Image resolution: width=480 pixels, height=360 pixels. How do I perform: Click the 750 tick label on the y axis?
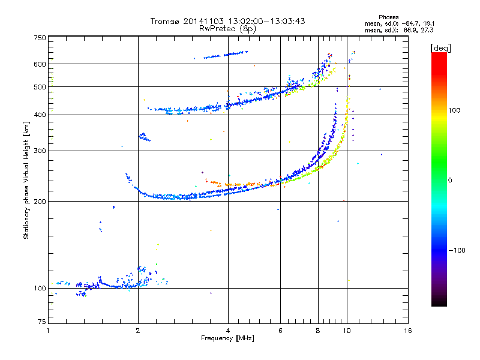click(40, 38)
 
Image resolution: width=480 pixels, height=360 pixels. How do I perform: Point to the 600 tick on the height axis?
click(40, 64)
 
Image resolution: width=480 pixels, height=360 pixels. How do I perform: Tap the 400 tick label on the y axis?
click(40, 115)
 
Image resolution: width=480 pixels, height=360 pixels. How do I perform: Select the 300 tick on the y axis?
click(40, 151)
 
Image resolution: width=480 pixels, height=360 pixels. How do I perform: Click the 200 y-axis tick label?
click(40, 201)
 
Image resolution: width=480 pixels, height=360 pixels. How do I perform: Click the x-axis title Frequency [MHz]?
click(227, 339)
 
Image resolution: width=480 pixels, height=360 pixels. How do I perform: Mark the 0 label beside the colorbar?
click(451, 180)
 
